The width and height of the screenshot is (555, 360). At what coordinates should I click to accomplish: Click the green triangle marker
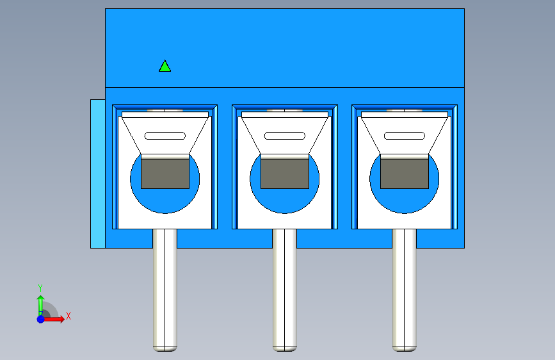coord(165,67)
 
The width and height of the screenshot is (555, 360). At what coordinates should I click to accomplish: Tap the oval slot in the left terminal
coord(165,136)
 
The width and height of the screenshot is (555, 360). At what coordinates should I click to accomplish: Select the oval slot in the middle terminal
coord(285,136)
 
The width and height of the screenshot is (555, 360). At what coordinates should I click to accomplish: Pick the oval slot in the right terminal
coord(405,136)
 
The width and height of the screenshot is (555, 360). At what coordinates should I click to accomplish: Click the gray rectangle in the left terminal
coord(165,174)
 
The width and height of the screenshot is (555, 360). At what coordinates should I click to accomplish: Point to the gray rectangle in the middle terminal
coord(285,174)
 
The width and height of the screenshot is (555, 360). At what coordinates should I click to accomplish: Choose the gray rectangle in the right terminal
coord(405,174)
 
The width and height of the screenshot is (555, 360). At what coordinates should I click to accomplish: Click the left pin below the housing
coord(165,290)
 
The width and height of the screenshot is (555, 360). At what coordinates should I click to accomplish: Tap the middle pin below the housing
coord(285,290)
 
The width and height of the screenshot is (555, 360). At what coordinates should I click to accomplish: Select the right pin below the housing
coord(405,290)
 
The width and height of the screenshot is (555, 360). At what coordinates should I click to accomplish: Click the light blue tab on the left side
coord(98,174)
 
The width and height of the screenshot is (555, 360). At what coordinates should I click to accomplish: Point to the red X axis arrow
coord(53,319)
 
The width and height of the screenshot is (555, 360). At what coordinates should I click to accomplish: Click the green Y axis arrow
coord(41,306)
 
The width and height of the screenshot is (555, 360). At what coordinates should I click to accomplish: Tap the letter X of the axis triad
coord(68,316)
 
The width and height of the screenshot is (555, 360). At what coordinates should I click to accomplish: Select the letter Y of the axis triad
coord(40,288)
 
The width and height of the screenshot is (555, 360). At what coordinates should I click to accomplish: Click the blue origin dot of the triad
coord(41,319)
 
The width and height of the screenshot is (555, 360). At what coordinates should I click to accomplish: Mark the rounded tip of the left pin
coord(165,349)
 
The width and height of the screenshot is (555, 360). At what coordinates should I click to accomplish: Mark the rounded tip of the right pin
coord(405,349)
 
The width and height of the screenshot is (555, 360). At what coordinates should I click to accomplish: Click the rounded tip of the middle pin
coord(285,349)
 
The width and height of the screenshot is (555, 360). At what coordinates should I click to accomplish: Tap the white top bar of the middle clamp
coord(285,115)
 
